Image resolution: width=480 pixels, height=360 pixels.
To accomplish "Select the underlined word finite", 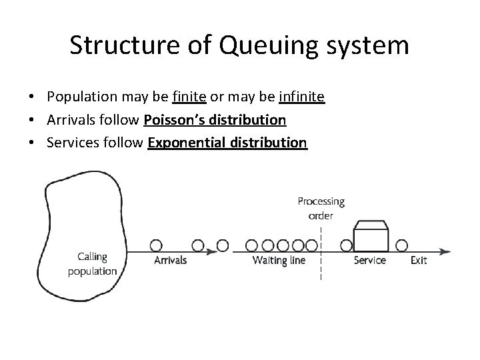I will coord(190,97).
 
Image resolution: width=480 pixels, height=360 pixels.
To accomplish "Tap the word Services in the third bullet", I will coord(71,143).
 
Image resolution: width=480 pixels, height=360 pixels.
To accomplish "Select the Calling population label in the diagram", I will coord(92,264).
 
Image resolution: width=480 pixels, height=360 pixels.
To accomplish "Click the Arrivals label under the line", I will coord(170,260).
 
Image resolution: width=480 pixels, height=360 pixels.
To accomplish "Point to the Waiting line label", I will coord(279,260).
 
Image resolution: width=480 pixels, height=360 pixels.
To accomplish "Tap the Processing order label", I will coord(321,208).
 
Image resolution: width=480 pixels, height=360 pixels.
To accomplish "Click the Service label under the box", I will coord(369,260).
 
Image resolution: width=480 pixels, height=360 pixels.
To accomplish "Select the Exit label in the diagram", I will coord(418,260).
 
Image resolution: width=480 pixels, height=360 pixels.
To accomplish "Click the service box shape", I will coord(371,237).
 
